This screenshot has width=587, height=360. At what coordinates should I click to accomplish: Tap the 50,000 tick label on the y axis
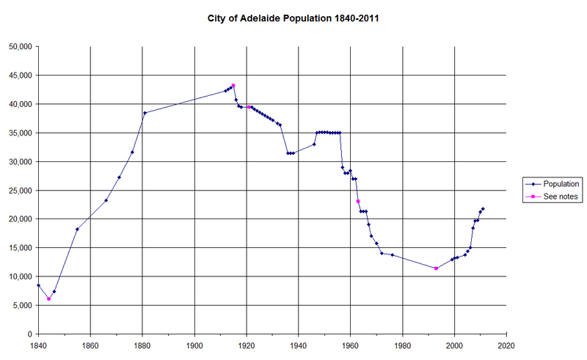click(x=19, y=46)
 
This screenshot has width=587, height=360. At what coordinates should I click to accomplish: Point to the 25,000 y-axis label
click(x=19, y=190)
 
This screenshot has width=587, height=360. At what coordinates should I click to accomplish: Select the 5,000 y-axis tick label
click(x=21, y=305)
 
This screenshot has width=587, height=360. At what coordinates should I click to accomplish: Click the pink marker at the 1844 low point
click(x=48, y=298)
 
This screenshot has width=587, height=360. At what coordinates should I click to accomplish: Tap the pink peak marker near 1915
click(x=233, y=86)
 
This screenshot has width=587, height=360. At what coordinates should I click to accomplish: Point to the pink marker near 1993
click(x=436, y=268)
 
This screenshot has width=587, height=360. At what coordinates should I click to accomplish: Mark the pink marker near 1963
click(x=358, y=201)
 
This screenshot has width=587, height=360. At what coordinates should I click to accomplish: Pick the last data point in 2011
click(x=483, y=209)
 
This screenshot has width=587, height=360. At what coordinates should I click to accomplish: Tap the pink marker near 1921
click(x=249, y=107)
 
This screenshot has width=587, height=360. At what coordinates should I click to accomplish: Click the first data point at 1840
click(x=38, y=285)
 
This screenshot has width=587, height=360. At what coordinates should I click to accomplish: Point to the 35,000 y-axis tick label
click(x=19, y=133)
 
